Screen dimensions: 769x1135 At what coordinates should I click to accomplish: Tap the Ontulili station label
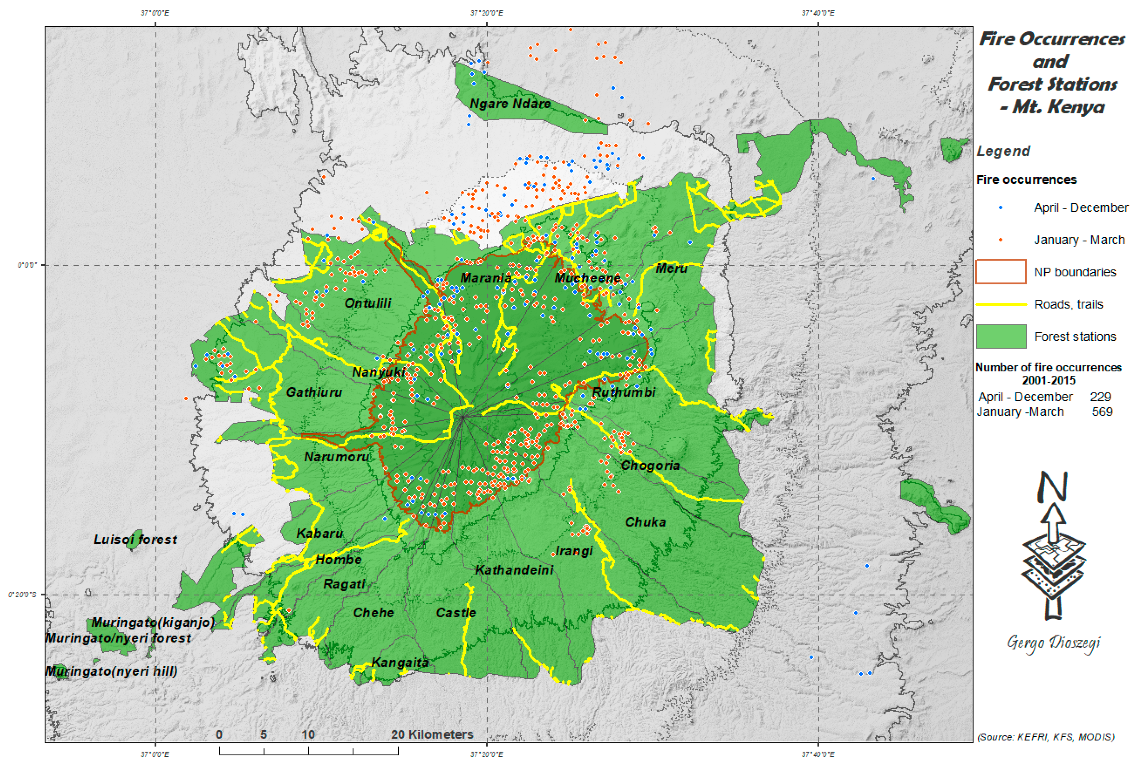368,303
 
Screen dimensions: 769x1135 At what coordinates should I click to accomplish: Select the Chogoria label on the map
650,465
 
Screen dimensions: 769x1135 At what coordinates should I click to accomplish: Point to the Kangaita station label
400,662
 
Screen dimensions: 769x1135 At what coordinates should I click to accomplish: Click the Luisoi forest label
135,540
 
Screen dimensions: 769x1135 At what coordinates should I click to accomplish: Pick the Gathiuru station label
314,392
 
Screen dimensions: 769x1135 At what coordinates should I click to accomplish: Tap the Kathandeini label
514,570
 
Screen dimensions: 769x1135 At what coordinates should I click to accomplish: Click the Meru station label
672,268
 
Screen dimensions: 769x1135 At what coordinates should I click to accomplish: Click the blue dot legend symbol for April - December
1001,208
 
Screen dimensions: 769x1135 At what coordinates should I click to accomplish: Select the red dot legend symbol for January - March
1001,240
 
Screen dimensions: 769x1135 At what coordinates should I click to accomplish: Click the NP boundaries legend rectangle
1001,272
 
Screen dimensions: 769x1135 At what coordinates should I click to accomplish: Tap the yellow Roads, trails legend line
1001,304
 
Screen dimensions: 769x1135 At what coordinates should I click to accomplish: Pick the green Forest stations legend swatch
1001,336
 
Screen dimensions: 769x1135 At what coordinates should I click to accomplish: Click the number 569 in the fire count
1102,412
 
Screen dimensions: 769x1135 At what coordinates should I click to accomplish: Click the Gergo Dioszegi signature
1053,643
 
